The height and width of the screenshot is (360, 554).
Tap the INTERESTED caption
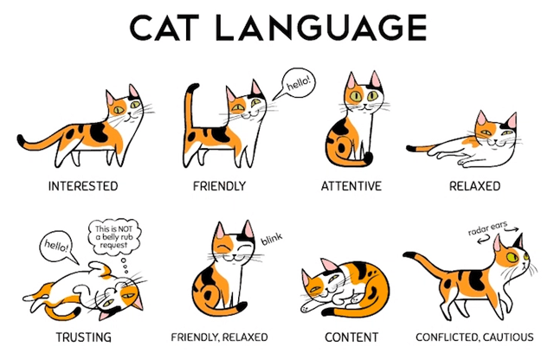pos(83,186)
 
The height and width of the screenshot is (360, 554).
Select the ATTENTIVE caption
pos(352,186)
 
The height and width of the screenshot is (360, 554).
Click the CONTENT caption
pos(353,337)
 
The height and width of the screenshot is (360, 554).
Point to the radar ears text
pos(490,234)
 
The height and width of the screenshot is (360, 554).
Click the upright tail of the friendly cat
pos(190,113)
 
